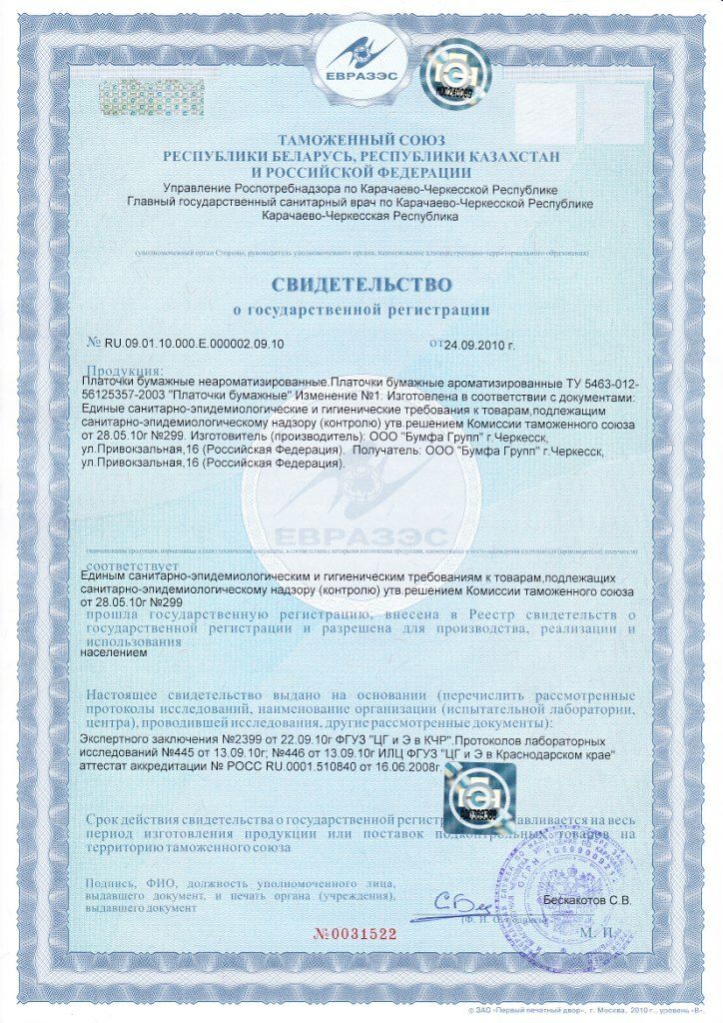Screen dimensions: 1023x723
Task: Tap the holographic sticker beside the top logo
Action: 454,74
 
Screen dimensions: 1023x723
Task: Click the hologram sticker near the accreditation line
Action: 474,793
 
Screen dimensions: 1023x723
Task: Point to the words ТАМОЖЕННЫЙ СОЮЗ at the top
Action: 361,140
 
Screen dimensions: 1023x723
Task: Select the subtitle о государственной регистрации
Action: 361,309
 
